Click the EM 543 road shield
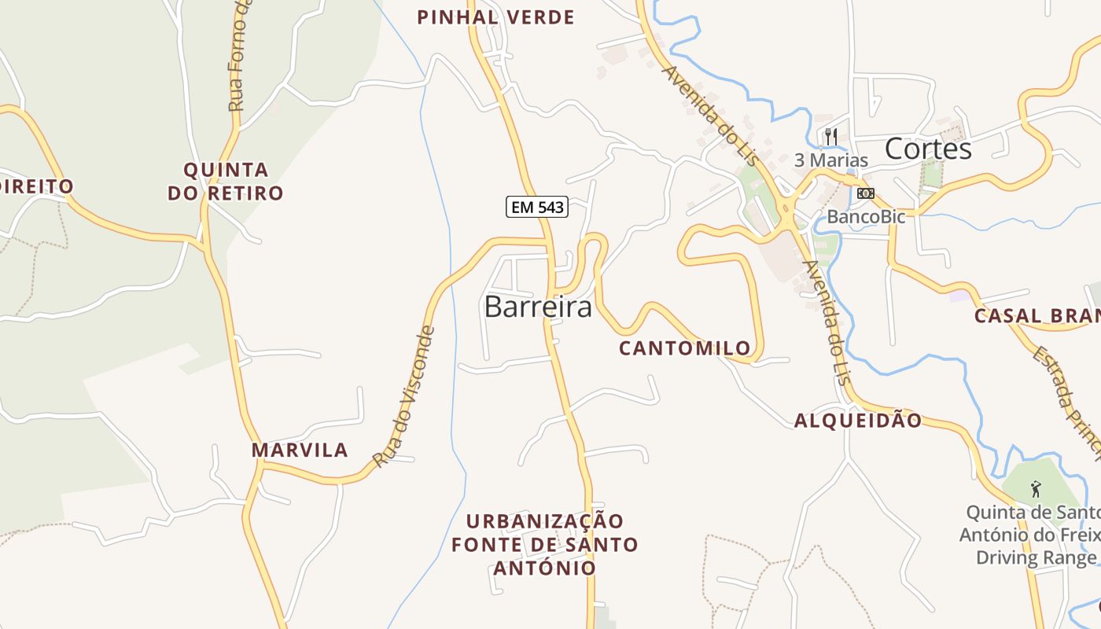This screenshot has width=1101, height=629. click(536, 207)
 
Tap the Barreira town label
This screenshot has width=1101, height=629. click(538, 307)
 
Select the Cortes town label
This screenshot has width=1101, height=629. click(928, 149)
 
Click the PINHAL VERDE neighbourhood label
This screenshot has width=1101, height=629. click(495, 17)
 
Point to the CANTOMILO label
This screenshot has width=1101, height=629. click(685, 348)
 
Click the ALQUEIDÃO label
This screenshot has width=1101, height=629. click(857, 421)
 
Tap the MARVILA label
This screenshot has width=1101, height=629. click(300, 450)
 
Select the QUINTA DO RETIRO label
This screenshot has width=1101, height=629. click(226, 181)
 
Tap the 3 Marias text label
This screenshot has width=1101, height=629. click(831, 160)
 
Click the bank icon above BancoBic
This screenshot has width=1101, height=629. click(865, 193)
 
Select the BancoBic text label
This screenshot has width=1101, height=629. click(866, 216)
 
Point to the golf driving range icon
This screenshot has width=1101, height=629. click(1036, 489)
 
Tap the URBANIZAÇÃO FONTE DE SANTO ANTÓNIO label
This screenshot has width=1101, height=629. click(544, 544)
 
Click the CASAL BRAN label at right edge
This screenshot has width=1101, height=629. click(1037, 316)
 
